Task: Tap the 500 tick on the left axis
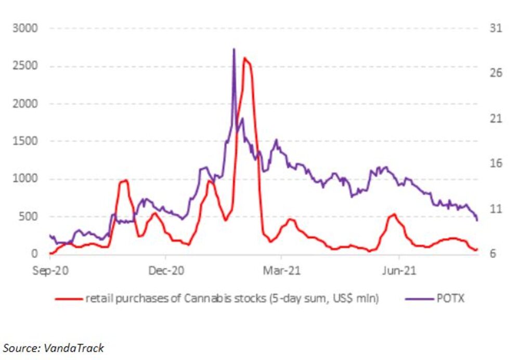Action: coord(28,216)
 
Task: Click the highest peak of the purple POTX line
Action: coord(233,49)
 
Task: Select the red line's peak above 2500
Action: coord(245,58)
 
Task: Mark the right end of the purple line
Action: coord(477,221)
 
